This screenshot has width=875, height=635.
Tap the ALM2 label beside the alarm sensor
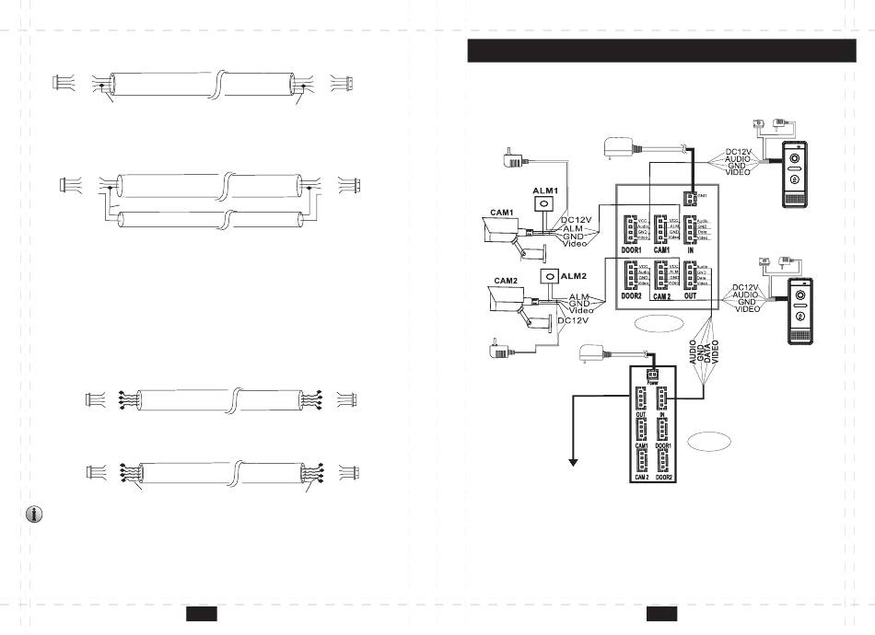tap(574, 276)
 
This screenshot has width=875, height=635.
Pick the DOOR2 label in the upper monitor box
tap(631, 296)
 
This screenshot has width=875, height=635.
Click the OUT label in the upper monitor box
tap(690, 296)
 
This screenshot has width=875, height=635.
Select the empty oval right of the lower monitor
tap(706, 440)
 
